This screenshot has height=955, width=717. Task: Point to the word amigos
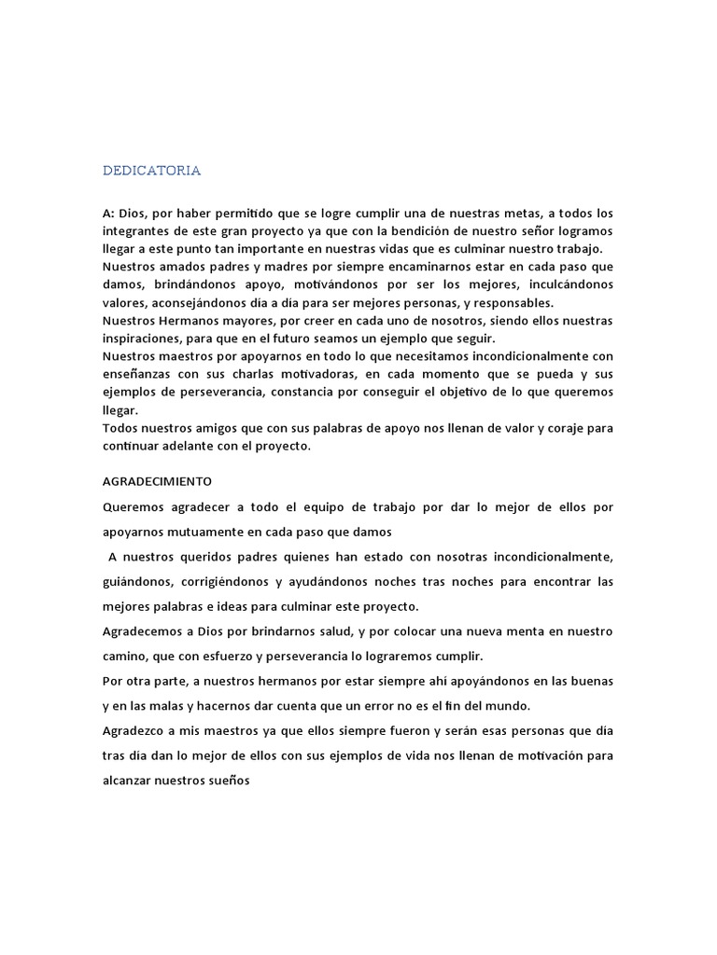(x=238, y=429)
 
